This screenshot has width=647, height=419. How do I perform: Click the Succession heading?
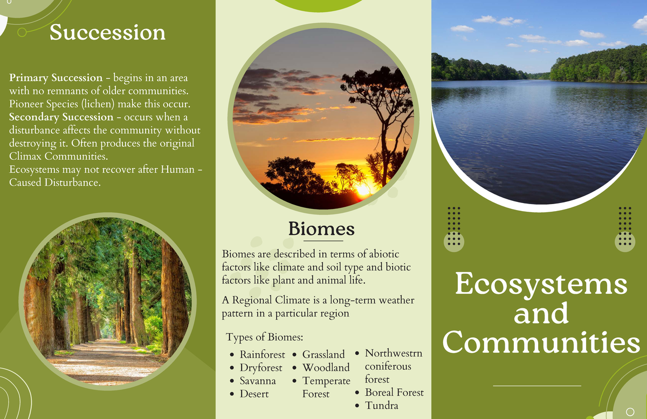tap(107, 32)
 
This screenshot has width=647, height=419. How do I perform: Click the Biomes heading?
tap(321, 228)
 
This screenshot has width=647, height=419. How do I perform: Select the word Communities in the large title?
tap(541, 343)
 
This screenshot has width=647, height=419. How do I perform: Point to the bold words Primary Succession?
tap(56, 78)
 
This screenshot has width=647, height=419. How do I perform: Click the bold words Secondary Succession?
tap(61, 117)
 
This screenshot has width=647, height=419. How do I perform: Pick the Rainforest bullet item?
tap(262, 355)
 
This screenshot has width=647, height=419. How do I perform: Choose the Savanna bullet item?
tap(258, 381)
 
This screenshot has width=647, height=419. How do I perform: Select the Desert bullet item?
tap(254, 394)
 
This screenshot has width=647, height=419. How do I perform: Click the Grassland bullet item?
tap(323, 355)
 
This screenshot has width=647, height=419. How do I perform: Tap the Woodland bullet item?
tap(326, 368)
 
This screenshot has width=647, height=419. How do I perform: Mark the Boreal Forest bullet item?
tap(394, 393)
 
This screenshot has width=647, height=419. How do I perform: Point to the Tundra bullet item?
tap(382, 406)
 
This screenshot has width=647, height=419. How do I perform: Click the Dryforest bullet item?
tap(261, 368)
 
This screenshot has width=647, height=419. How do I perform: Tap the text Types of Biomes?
tap(265, 337)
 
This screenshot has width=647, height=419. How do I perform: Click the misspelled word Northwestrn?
tap(393, 353)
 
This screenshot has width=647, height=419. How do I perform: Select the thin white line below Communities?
tap(537, 386)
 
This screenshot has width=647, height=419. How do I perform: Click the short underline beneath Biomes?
tap(321, 241)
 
